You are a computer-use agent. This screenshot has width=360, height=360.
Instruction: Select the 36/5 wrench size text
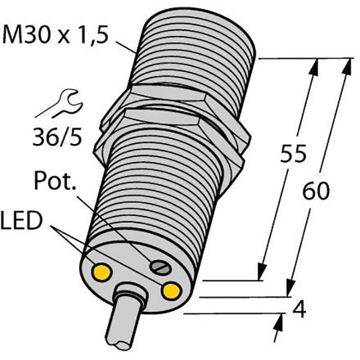pyautogui.click(x=57, y=137)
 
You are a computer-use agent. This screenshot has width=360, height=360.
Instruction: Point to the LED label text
pyautogui.click(x=22, y=220)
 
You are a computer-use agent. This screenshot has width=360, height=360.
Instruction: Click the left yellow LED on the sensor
pyautogui.click(x=102, y=272)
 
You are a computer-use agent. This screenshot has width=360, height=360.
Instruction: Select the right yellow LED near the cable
pyautogui.click(x=171, y=292)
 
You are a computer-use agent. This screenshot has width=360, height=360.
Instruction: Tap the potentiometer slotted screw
pyautogui.click(x=160, y=268)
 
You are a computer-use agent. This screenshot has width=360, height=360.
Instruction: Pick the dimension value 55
pyautogui.click(x=293, y=153)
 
